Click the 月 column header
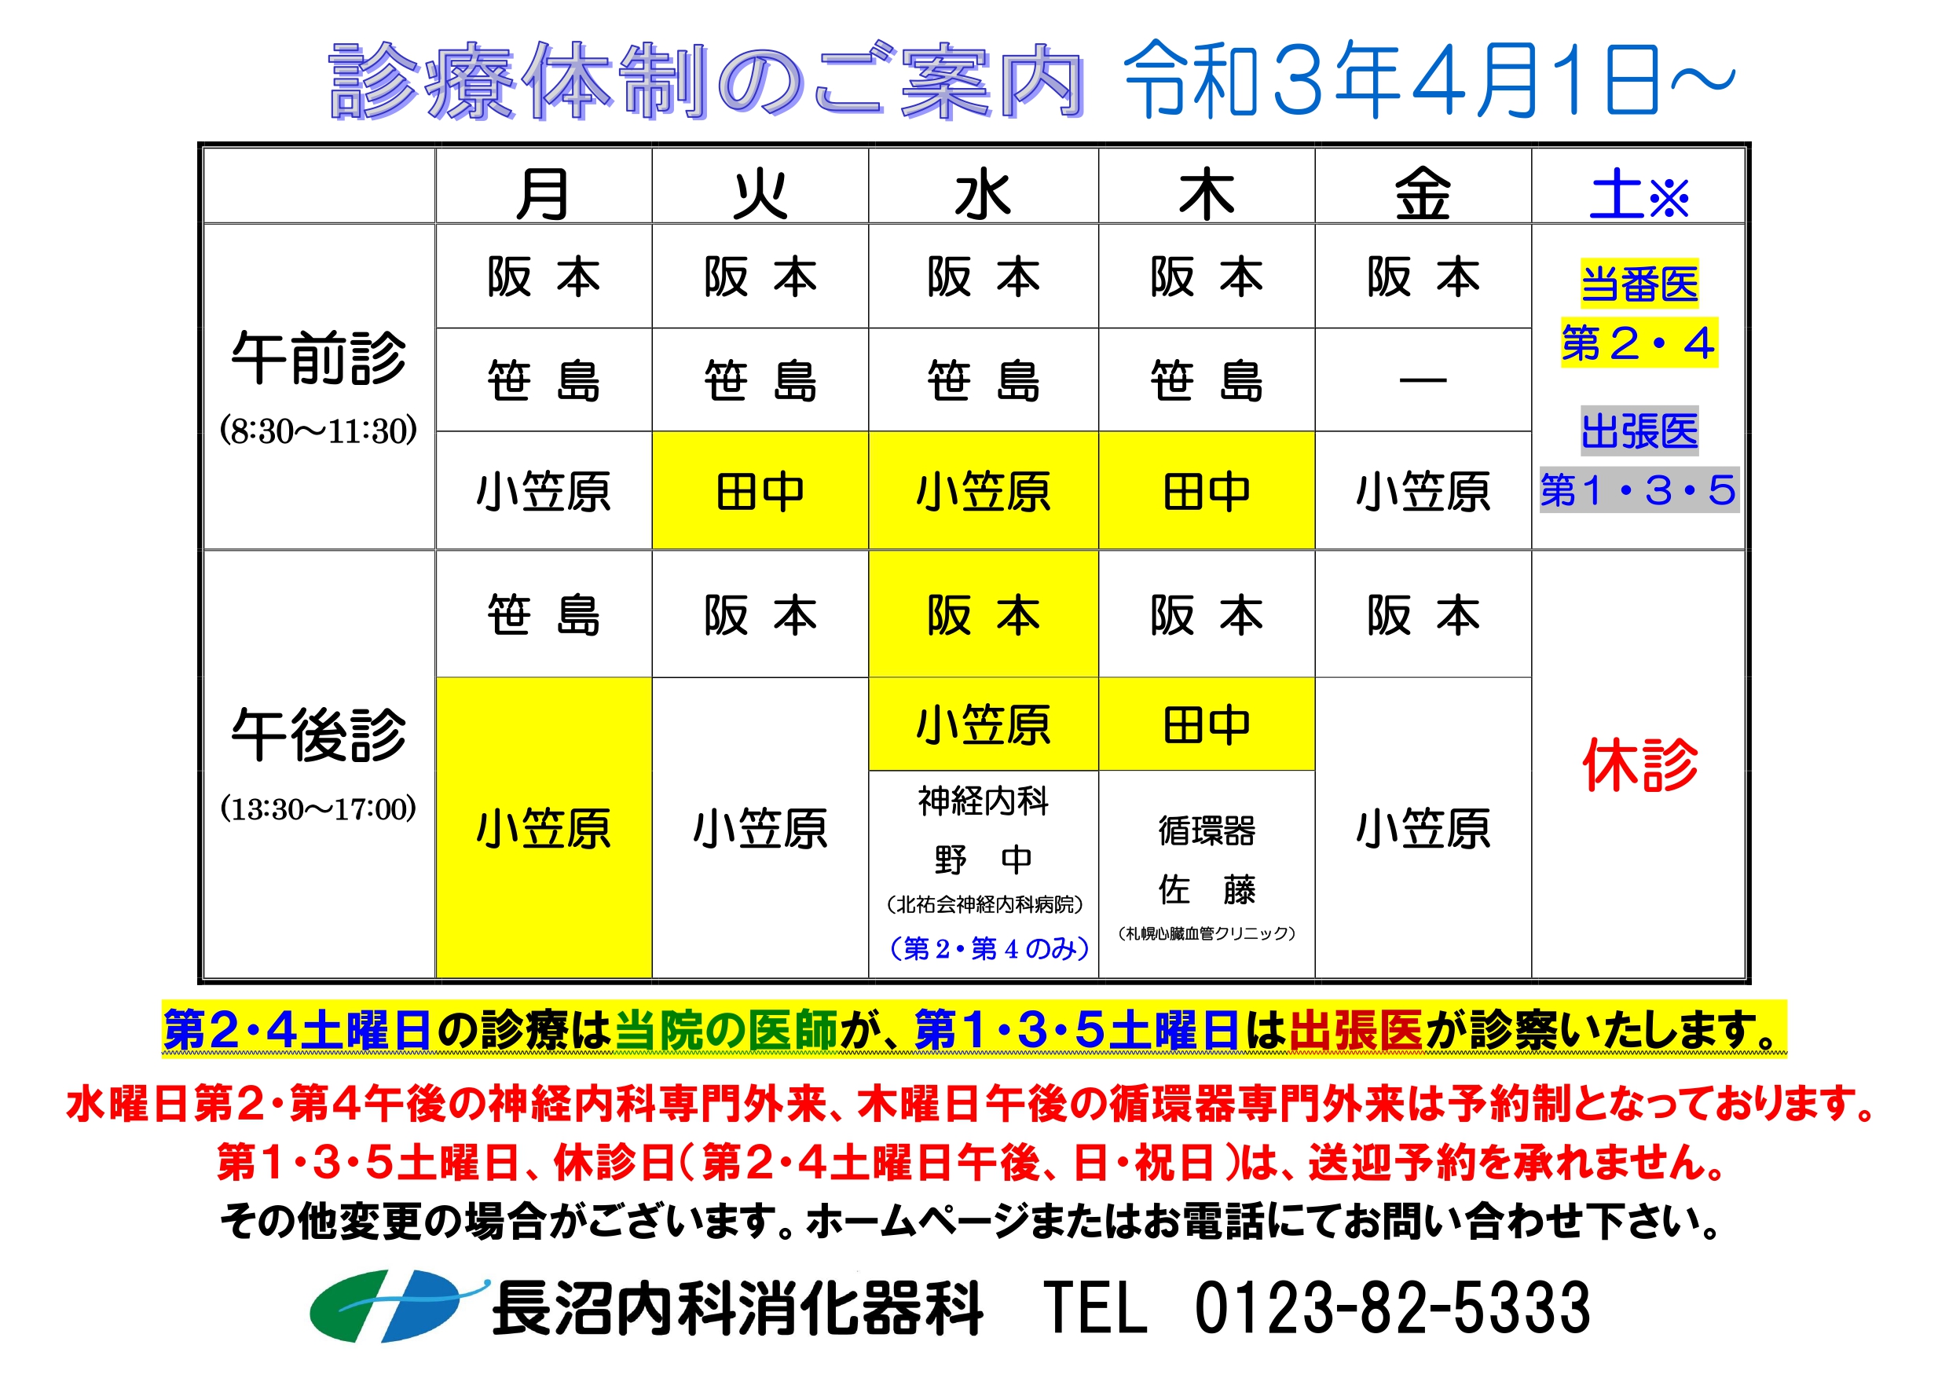tap(544, 193)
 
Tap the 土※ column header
tap(1639, 193)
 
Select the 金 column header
tap(1423, 193)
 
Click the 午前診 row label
tap(318, 357)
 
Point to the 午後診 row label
tap(318, 735)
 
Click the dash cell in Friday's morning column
tap(1423, 379)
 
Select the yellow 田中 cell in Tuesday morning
tap(760, 491)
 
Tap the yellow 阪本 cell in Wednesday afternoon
tap(983, 614)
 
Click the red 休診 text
tap(1639, 764)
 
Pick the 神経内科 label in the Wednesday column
tap(983, 800)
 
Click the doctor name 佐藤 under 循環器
tap(1206, 890)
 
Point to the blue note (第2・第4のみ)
tap(988, 947)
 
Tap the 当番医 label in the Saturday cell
tap(1639, 283)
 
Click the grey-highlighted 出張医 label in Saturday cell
tap(1639, 431)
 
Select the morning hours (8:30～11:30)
tap(318, 431)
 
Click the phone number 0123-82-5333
tap(1392, 1307)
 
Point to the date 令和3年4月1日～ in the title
tap(1430, 80)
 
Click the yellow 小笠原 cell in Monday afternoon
tap(544, 828)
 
